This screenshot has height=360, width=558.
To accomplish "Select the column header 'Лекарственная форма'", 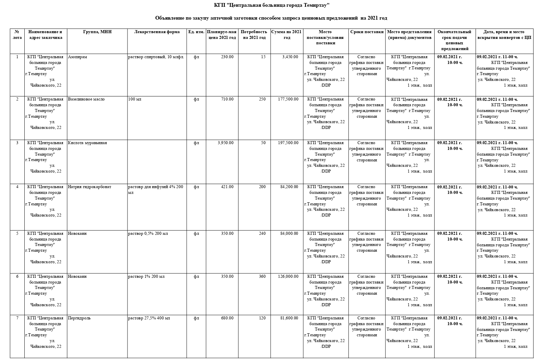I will [157, 32].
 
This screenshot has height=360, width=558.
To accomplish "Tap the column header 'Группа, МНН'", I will [97, 32].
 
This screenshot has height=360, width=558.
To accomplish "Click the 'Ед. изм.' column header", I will [196, 32].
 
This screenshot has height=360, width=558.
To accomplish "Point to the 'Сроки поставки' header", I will [367, 32].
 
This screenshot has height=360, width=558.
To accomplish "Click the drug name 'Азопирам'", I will [77, 57].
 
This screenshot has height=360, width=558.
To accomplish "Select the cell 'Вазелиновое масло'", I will [86, 99].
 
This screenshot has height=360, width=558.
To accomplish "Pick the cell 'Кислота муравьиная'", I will [87, 143].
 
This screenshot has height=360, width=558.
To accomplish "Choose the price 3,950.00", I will [226, 143].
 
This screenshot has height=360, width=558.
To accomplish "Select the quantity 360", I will [262, 276].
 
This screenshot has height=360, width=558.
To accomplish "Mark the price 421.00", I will [227, 187].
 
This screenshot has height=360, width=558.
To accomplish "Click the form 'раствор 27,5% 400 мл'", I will [149, 318].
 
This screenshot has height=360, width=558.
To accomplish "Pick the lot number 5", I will [17, 233].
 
